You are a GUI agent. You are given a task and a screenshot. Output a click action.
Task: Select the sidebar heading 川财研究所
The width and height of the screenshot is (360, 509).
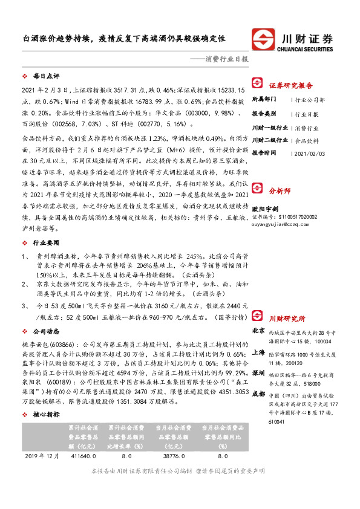tap(287, 318)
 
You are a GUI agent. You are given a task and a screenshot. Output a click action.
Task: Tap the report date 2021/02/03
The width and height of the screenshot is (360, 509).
tap(309, 154)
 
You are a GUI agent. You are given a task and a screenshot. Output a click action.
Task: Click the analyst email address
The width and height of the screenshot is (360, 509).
tap(277, 222)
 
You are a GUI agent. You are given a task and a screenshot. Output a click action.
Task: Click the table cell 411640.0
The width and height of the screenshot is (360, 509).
tap(83, 455)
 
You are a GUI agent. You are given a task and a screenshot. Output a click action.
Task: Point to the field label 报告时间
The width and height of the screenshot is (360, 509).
tap(265, 154)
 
